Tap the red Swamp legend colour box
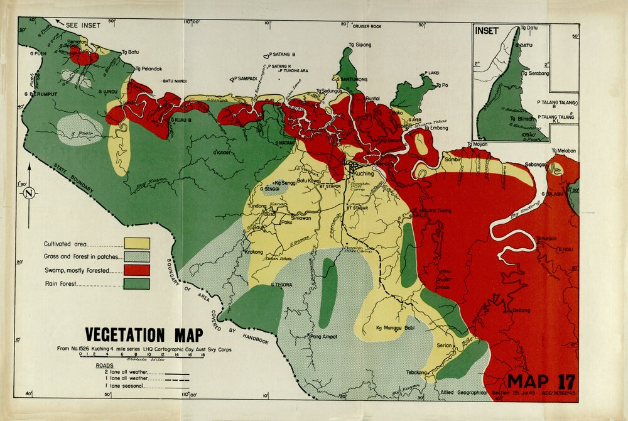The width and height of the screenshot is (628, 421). tap(138, 270)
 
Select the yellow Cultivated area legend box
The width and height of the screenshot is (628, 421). tap(138, 243)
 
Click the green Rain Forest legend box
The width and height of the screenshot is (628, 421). tap(138, 284)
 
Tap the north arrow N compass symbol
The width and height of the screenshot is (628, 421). tap(28, 194)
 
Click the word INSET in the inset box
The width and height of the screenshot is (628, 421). tap(487, 31)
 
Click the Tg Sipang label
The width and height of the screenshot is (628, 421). tap(360, 45)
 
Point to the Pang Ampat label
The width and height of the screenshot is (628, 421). tap(323, 337)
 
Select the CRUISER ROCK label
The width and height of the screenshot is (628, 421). tap(367, 26)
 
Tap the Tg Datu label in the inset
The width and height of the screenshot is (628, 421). tap(530, 29)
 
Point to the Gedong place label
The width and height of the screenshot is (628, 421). tap(521, 310)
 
